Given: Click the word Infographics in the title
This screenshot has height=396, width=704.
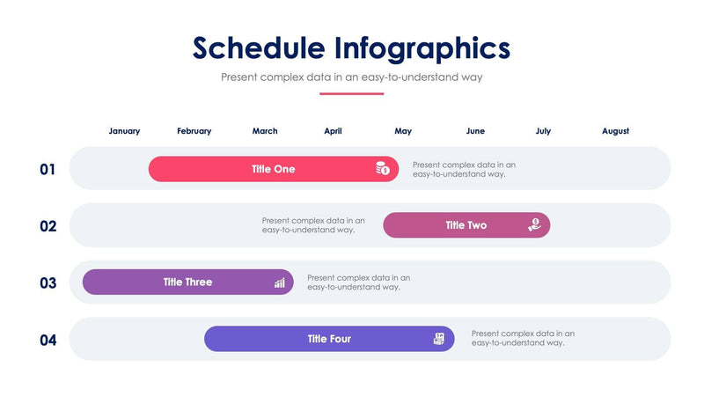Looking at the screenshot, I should tap(422, 48).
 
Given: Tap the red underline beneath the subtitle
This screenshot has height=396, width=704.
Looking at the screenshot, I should tap(352, 93).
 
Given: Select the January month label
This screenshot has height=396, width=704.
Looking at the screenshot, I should tap(124, 131).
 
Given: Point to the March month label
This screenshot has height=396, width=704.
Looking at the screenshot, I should tap(265, 131).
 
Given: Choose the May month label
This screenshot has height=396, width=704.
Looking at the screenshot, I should tap(403, 131).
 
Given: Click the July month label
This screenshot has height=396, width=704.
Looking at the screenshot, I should tap(543, 131).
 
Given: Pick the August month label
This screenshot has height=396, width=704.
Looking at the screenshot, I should tap(615, 131).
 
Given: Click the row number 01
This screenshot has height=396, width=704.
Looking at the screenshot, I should tap(48, 169).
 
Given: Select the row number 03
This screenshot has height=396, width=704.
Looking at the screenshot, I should tap(48, 283).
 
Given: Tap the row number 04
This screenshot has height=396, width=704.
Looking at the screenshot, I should tap(48, 340).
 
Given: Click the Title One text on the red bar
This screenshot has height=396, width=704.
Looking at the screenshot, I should tap(273, 169).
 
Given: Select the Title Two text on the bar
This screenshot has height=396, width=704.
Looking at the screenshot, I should tap(466, 225).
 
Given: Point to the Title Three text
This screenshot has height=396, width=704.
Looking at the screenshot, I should tap(187, 282).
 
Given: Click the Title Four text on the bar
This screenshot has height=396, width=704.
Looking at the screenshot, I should tap(329, 339).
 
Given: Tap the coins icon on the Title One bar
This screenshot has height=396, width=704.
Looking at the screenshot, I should tap(383, 169).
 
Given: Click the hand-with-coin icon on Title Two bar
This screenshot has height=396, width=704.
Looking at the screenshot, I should tap(534, 225).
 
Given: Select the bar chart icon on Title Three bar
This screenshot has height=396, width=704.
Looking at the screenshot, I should tap(279, 282).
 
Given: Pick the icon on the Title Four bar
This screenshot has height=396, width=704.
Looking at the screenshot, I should tap(439, 339).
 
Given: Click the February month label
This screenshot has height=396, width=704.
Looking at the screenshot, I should tap(194, 131).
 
